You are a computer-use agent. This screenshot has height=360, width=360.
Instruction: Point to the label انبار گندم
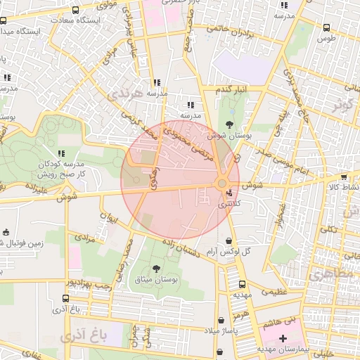pos(232,91)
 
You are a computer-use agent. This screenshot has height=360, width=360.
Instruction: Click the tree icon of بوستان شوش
pos(229,123)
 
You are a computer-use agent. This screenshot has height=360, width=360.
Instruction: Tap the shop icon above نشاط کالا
pos(342,177)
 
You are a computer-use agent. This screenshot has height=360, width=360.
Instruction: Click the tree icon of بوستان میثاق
pos(155,269)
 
